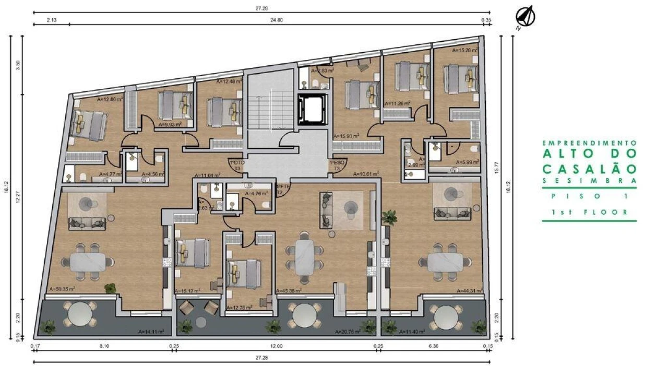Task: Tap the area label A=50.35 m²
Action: [x=62, y=289]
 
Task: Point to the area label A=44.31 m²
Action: [x=468, y=291]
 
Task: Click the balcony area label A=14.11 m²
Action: [x=151, y=331]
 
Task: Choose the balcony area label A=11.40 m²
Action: [x=412, y=331]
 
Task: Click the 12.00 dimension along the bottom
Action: [x=277, y=346]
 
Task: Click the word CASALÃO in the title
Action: [x=589, y=169]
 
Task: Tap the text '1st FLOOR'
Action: [x=589, y=213]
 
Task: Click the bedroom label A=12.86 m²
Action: [x=110, y=98]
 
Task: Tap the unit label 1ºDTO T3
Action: [x=237, y=166]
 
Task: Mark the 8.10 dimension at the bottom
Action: [x=104, y=346]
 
